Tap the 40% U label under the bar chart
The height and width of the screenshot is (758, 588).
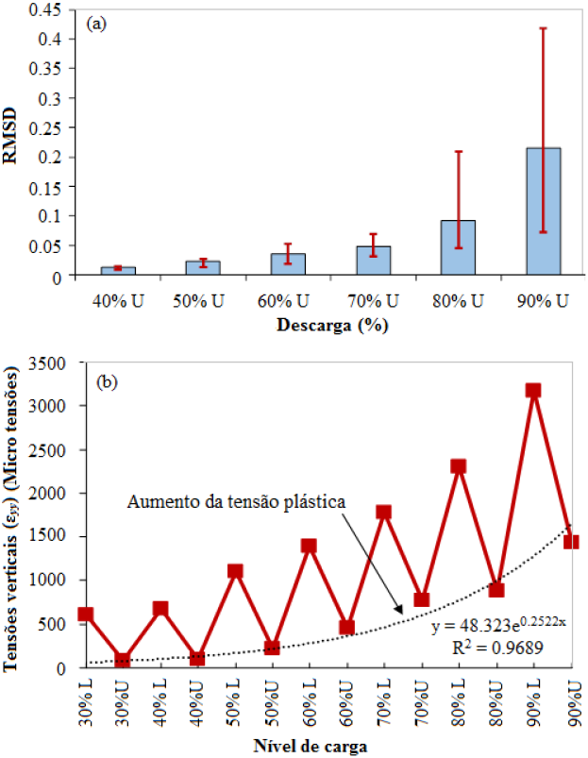(118, 301)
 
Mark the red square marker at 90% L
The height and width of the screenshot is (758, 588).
(534, 390)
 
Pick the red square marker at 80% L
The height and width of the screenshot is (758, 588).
(459, 466)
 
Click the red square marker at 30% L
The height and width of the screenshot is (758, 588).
(85, 614)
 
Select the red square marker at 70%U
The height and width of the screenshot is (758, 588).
(422, 599)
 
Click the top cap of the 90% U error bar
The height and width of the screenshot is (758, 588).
(543, 28)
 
